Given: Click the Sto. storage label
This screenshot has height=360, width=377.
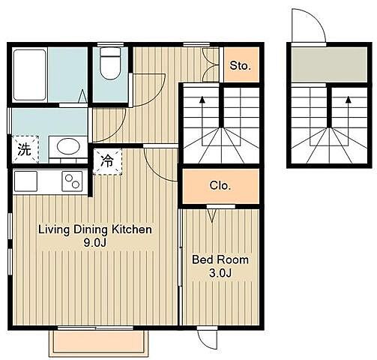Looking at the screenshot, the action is coord(240,65).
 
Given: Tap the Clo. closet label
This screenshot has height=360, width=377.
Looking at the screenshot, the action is coord(220,186).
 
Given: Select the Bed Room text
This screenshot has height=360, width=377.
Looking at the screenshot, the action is coord(220,259).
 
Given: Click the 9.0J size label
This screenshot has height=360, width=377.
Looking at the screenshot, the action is coord(95,242).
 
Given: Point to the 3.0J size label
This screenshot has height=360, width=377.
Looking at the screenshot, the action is coord(220,273).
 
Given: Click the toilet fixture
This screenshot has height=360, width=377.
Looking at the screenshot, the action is coord(110,63).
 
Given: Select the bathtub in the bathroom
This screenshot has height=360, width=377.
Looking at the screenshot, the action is coord(30,75).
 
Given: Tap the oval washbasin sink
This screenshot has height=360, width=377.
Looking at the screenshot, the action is coord(68,146).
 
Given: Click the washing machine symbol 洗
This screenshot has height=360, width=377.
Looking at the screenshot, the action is coord(25,149).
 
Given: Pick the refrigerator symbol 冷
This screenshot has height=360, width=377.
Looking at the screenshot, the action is coord(107,161).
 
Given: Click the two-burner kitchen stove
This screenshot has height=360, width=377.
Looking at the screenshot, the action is coord(72,181).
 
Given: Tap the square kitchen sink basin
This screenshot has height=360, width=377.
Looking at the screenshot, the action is coord(25,181).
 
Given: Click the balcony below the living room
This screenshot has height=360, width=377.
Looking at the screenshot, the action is coord(99,343).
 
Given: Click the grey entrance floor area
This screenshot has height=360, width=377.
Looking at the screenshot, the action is coord(330,64).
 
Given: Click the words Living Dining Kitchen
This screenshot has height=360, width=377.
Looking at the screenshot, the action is coord(95,229).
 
